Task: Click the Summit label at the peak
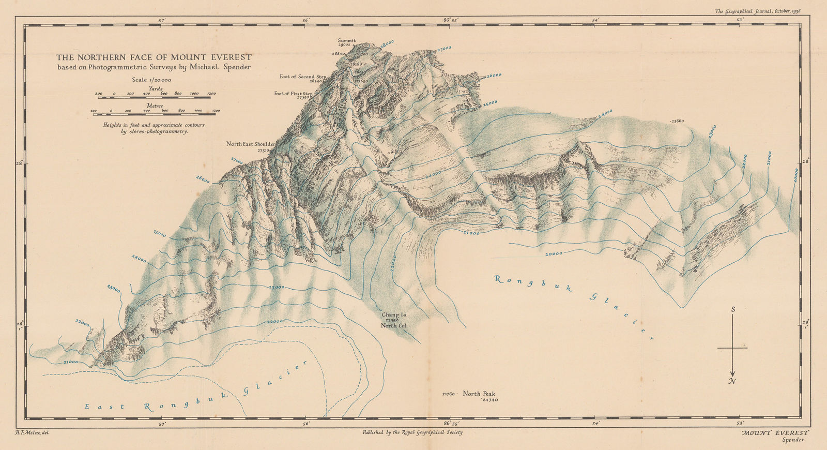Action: [x=347, y=40]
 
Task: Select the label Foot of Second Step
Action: [x=303, y=77]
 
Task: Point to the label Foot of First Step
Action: [x=293, y=94]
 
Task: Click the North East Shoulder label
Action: [x=251, y=144]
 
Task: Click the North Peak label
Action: [x=479, y=394]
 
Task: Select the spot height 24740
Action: [x=489, y=400]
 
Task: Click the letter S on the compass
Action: [x=733, y=309]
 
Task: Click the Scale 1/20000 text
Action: [x=152, y=80]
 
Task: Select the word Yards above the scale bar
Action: [x=156, y=88]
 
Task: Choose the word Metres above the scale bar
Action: [x=155, y=106]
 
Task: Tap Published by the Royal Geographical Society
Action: [x=412, y=431]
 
